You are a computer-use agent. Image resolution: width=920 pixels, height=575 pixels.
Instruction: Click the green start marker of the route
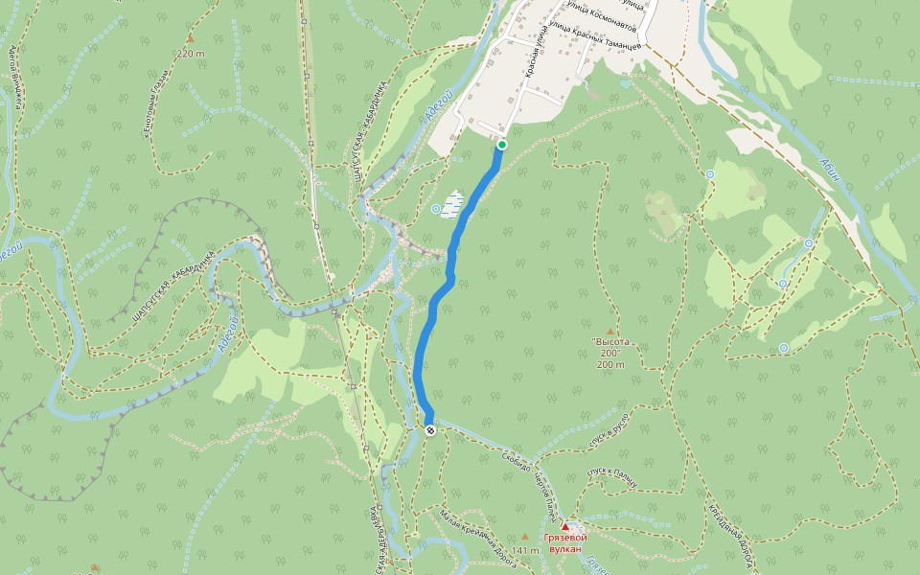point(501,145)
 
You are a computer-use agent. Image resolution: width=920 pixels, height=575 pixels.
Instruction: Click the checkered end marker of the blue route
point(430,430)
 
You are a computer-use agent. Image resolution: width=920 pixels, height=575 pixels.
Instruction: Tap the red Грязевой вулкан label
point(564,543)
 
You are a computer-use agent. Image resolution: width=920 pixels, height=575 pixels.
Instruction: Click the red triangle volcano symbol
point(565,527)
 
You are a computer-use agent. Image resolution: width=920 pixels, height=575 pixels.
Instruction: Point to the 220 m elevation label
point(191,54)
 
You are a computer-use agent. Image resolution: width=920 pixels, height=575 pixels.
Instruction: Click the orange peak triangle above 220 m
point(190,39)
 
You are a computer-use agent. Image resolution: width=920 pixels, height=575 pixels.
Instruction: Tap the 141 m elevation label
point(525,551)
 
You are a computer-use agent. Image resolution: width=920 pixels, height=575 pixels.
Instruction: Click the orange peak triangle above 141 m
point(524,537)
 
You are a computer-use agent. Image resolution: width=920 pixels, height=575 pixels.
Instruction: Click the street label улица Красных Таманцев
point(596,39)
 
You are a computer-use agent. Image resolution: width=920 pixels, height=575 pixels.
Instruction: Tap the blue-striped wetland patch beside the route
point(453,203)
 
